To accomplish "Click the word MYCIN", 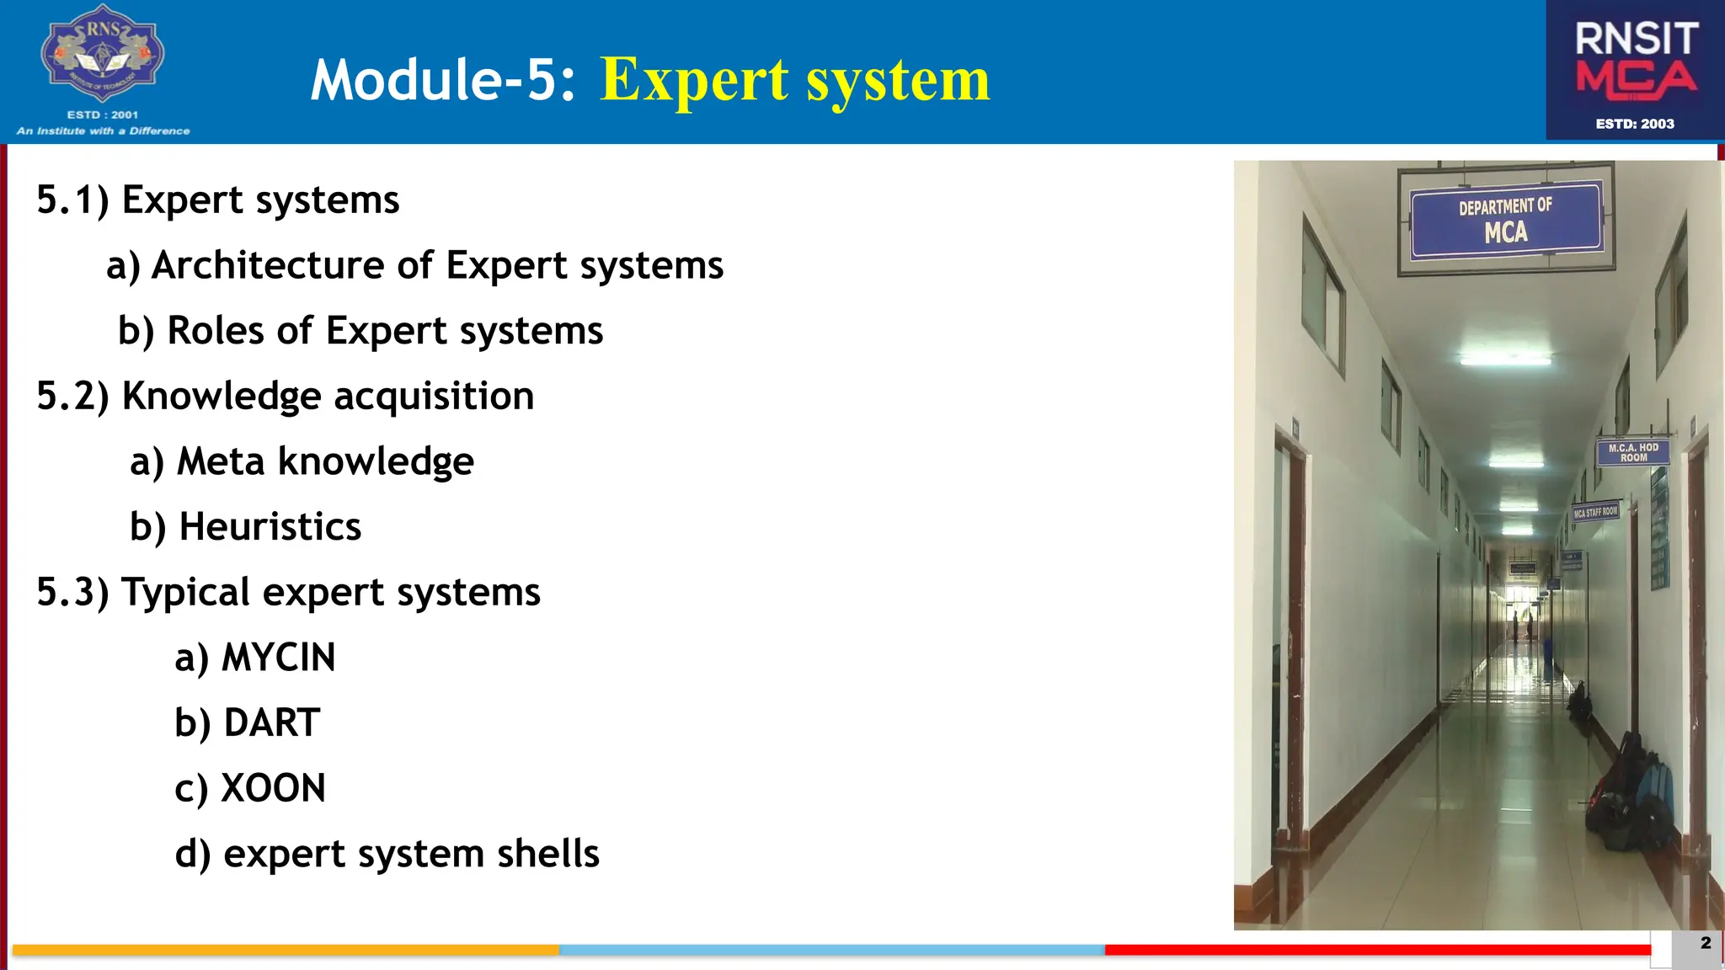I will [x=278, y=658].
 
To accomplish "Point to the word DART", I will [x=271, y=723].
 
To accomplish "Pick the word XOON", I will [x=273, y=789].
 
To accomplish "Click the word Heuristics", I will [x=270, y=527].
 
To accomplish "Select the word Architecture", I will [x=269, y=265].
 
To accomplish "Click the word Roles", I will [x=216, y=331].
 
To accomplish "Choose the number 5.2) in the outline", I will [x=72, y=397].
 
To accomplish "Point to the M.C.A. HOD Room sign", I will [x=1632, y=453].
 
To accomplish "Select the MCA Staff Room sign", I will [x=1595, y=512].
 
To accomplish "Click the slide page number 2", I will [x=1705, y=943].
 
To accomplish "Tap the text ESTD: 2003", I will [x=1635, y=124].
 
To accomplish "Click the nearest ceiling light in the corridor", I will [x=1504, y=360].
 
